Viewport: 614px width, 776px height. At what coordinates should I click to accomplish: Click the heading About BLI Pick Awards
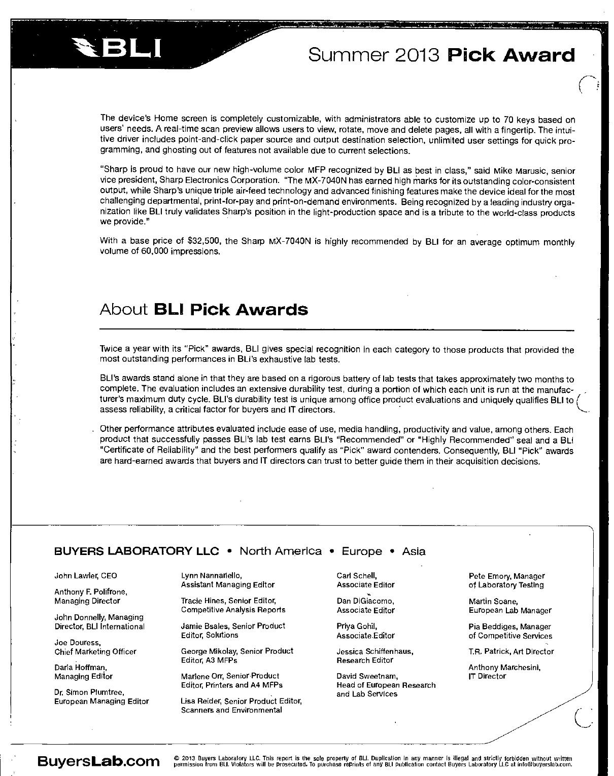[x=204, y=309]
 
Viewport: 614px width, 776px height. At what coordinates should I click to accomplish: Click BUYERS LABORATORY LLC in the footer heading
[x=137, y=551]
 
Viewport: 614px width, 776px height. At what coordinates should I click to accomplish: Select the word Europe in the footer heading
[x=362, y=551]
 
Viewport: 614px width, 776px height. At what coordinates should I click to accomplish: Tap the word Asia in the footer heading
[x=414, y=551]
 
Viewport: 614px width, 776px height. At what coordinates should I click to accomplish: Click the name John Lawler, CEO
[x=86, y=576]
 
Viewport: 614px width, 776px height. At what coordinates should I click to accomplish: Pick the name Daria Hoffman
[x=81, y=668]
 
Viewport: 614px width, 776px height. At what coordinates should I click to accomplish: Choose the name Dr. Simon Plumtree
[x=89, y=692]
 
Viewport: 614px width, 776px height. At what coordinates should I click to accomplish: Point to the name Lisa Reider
[x=201, y=701]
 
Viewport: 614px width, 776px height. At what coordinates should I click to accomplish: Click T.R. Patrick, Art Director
[x=511, y=651]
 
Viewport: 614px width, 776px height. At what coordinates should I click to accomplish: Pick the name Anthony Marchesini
[x=504, y=668]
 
